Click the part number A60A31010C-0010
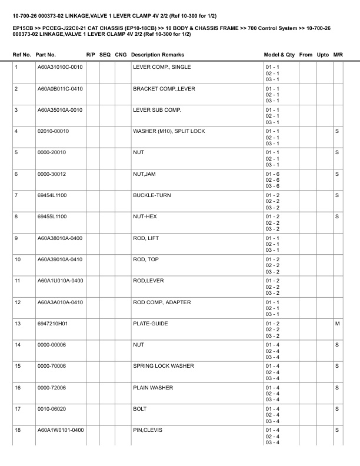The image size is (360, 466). tap(60, 67)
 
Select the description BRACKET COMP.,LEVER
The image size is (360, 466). tap(164, 89)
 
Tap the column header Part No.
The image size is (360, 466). tap(46, 55)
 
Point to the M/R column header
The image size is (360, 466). tap(338, 55)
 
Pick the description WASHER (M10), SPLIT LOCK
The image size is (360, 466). tap(169, 131)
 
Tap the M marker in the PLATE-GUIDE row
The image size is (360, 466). tap(337, 324)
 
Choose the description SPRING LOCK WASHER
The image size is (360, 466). tap(164, 366)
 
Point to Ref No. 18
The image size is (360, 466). tap(18, 430)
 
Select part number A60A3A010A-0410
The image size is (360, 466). tap(60, 302)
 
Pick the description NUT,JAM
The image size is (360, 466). tap(145, 174)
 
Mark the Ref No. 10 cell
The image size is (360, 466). tap(18, 259)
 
